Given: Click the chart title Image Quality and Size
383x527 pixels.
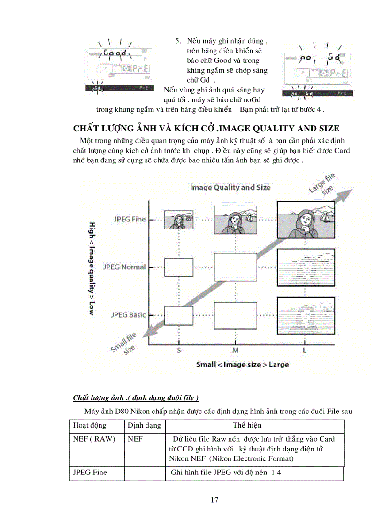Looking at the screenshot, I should [230, 187].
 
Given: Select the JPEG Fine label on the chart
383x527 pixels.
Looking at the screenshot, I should [130, 219].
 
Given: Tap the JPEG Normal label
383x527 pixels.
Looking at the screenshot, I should [124, 267].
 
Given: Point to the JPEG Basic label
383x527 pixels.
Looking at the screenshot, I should [128, 315].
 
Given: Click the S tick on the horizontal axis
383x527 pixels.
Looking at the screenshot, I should [179, 350].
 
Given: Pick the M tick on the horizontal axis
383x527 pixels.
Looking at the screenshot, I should [235, 350].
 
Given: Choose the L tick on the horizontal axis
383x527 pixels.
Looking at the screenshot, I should [305, 350].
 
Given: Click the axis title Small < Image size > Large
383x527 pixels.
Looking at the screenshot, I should [242, 364].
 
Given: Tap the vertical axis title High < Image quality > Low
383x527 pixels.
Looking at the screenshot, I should [92, 268].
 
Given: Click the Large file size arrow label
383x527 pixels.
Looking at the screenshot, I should [324, 183].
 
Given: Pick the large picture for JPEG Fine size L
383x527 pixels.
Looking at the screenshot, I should [306, 220].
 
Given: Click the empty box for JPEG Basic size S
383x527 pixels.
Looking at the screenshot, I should [179, 315].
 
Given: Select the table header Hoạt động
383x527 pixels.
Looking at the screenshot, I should [89, 426].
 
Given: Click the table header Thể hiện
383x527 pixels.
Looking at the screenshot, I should [247, 426].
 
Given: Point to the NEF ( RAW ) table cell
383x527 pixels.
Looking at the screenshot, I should [94, 439].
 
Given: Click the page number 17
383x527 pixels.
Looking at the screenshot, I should [214, 500].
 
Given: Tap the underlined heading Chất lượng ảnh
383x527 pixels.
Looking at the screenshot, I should [135, 398].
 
